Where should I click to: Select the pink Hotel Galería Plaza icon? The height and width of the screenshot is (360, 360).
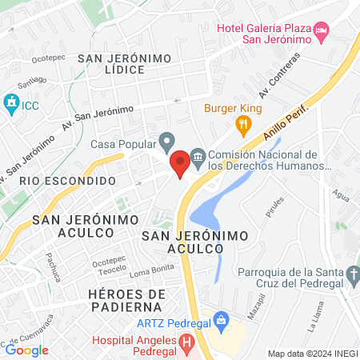(x=321, y=32)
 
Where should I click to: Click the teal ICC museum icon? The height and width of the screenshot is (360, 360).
(x=11, y=103)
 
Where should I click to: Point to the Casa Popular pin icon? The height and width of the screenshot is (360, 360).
(x=167, y=143)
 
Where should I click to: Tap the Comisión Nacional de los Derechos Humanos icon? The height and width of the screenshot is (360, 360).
(x=197, y=155)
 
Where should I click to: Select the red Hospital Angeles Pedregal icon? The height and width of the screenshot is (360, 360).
(x=186, y=345)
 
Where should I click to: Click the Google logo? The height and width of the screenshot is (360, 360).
(x=27, y=350)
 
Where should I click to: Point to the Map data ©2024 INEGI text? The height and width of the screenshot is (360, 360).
(x=312, y=354)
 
